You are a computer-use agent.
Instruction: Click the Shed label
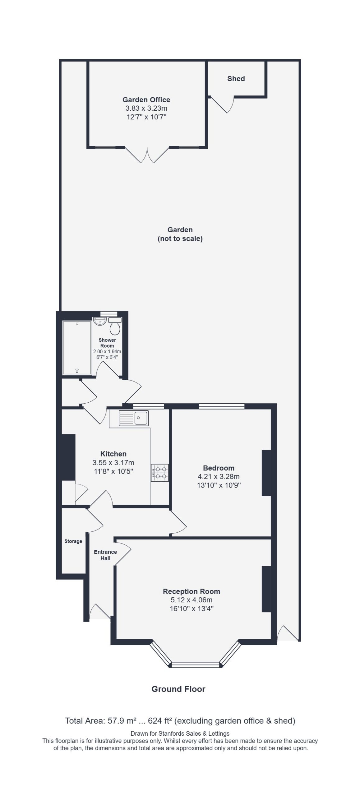[x=236, y=79]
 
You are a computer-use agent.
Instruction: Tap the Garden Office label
[x=146, y=100]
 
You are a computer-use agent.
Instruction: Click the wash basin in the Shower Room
[x=99, y=321]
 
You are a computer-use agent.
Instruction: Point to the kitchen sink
[x=134, y=418]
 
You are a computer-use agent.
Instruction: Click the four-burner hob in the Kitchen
[x=160, y=473]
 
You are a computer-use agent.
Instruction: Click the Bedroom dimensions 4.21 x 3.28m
[x=219, y=476]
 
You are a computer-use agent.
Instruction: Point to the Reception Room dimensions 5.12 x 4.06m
[x=192, y=600]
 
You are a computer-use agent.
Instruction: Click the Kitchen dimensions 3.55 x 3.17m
[x=113, y=463]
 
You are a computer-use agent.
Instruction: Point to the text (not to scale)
[x=180, y=239]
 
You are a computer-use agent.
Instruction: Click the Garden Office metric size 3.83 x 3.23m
[x=146, y=109]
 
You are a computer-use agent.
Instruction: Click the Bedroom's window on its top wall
[x=222, y=406]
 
